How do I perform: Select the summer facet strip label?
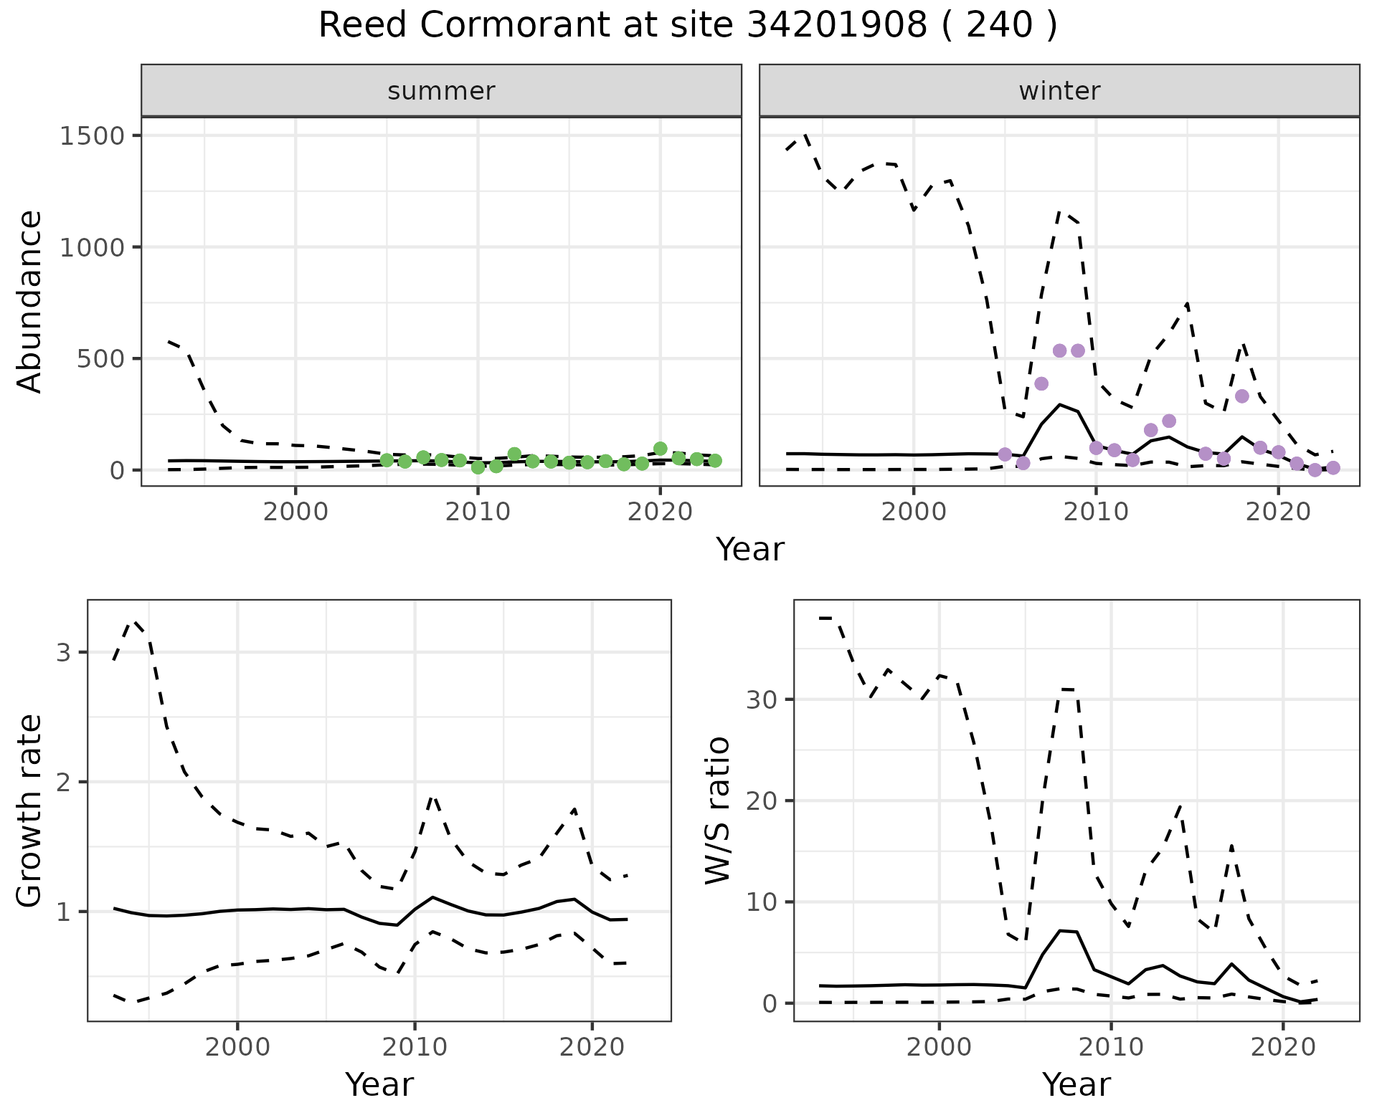click(441, 91)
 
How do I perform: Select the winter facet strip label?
click(1059, 91)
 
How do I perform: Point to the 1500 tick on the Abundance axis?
click(92, 135)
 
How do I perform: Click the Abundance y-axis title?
click(30, 301)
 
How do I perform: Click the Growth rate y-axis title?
click(30, 811)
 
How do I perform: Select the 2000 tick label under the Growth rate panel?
click(237, 1047)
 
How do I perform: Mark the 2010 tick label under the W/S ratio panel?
click(1111, 1047)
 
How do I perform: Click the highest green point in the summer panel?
click(661, 449)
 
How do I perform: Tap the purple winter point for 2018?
click(1242, 396)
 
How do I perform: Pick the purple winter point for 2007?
click(1041, 383)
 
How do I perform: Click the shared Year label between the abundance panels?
click(750, 550)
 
